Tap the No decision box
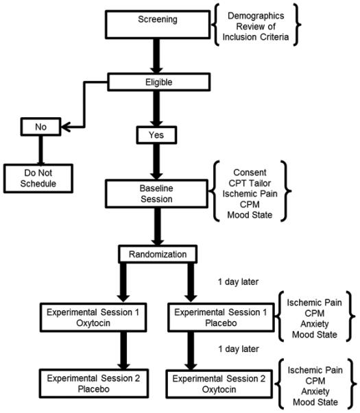(x=34, y=127)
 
